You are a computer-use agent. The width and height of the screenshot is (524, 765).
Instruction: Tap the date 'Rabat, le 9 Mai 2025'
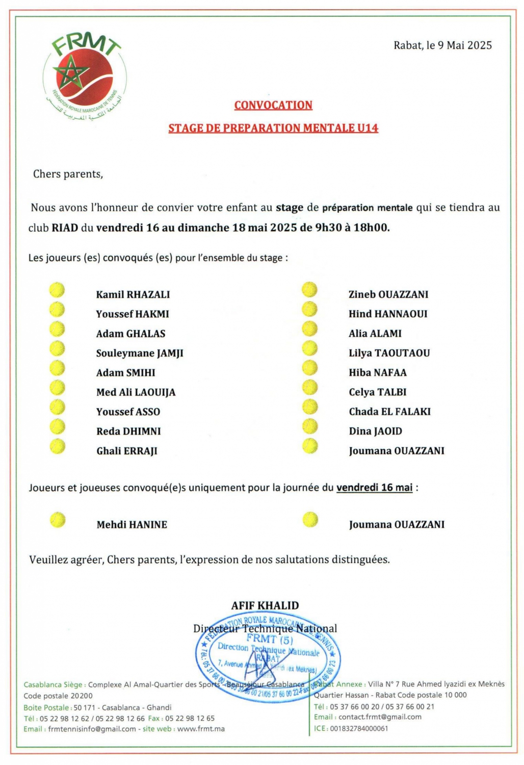pyautogui.click(x=442, y=45)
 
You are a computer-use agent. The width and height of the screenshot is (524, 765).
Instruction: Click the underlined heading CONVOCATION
pyautogui.click(x=273, y=105)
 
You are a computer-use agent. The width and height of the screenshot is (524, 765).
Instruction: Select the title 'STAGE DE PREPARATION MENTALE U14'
pyautogui.click(x=273, y=128)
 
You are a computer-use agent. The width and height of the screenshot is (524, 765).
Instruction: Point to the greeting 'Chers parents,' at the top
pyautogui.click(x=68, y=174)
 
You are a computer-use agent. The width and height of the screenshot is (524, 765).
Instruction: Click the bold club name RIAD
pyautogui.click(x=65, y=227)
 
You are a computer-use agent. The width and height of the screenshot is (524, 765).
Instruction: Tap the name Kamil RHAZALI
pyautogui.click(x=133, y=294)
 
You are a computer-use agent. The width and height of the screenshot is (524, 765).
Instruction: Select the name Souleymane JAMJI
pyautogui.click(x=140, y=353)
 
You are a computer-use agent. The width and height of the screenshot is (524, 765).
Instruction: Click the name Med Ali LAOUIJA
pyautogui.click(x=136, y=392)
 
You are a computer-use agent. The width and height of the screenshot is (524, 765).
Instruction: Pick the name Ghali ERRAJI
pyautogui.click(x=127, y=451)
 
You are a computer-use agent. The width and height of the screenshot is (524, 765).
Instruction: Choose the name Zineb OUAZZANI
pyautogui.click(x=388, y=294)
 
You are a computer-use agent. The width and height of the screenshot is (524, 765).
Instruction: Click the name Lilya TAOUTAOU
pyautogui.click(x=389, y=353)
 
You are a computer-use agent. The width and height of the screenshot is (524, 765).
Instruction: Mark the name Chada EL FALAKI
pyautogui.click(x=390, y=412)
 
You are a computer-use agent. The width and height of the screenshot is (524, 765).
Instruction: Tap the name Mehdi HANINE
pyautogui.click(x=132, y=524)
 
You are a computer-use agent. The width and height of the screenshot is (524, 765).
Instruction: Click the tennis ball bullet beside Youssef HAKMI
pyautogui.click(x=57, y=310)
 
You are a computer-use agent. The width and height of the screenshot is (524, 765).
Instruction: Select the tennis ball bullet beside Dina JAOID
pyautogui.click(x=309, y=426)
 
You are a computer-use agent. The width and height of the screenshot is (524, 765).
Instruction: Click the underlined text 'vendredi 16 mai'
pyautogui.click(x=374, y=488)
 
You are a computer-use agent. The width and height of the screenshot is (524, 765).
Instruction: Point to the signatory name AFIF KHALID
pyautogui.click(x=265, y=605)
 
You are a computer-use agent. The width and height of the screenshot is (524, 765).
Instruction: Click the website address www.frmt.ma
pyautogui.click(x=201, y=729)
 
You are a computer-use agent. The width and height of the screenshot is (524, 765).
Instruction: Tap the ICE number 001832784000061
pyautogui.click(x=359, y=728)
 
